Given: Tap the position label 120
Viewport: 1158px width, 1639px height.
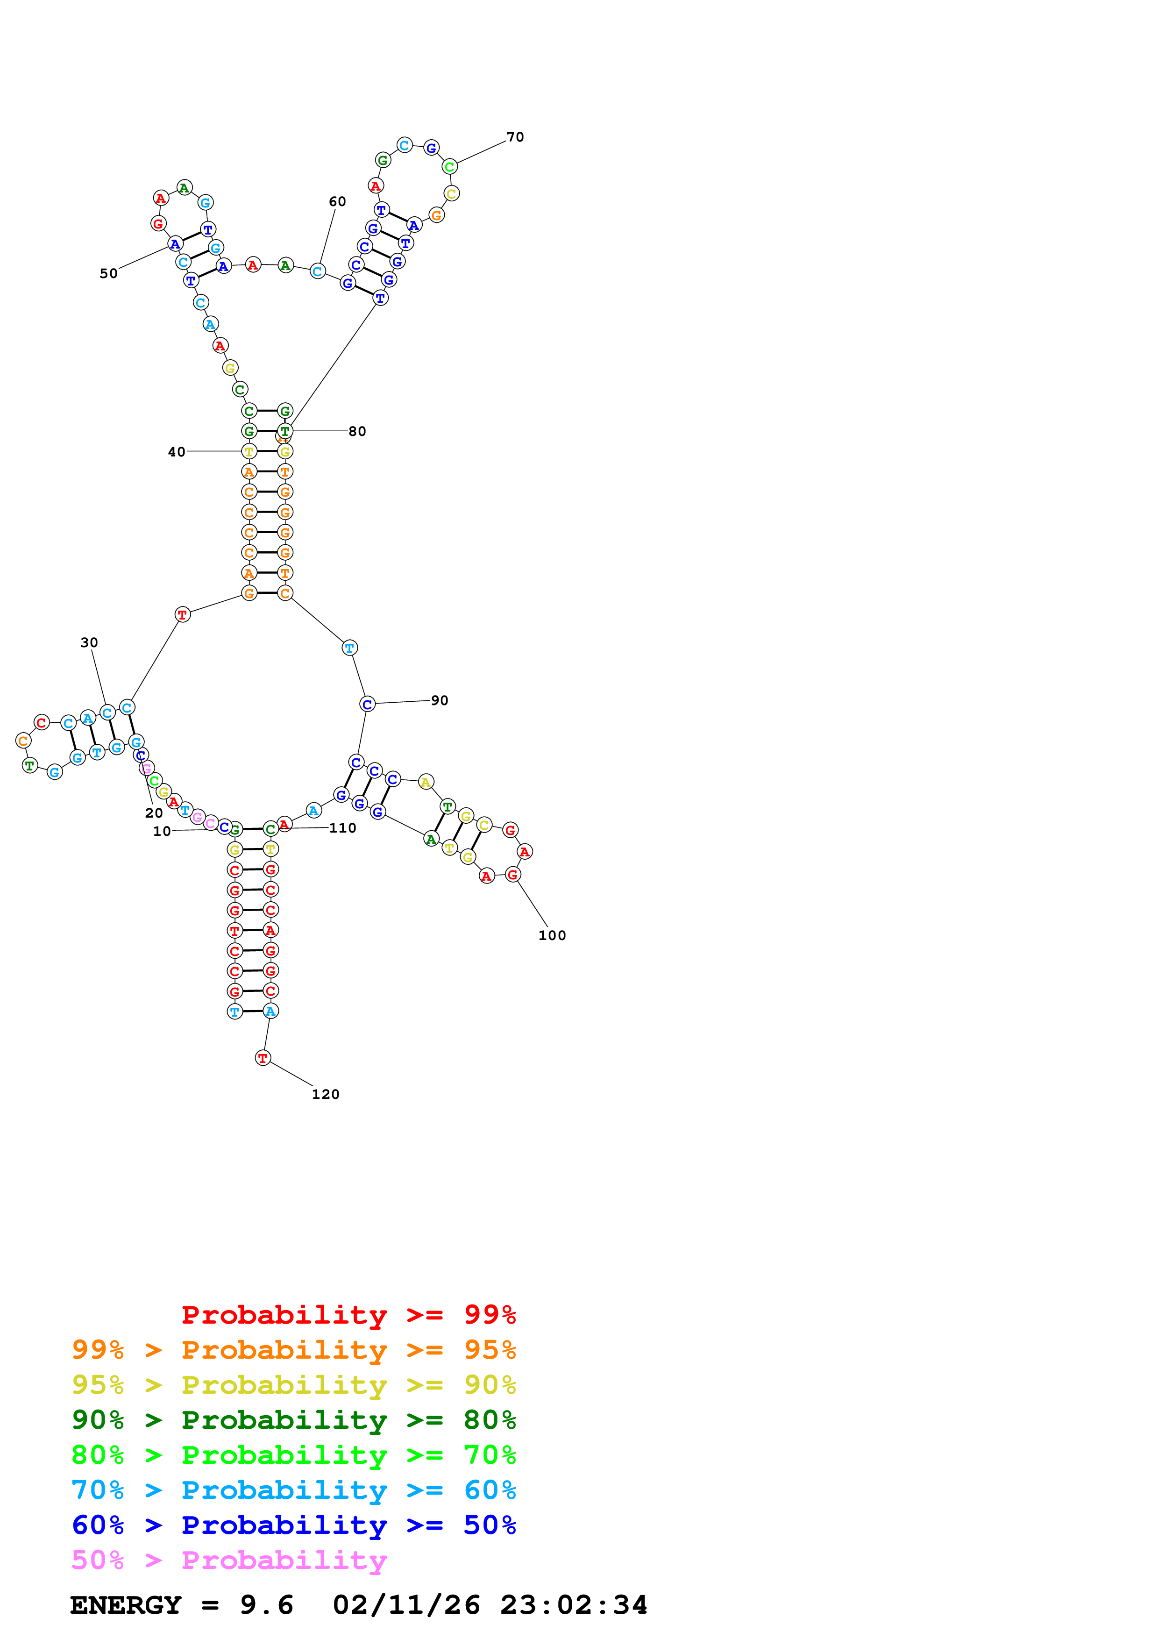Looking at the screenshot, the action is (x=326, y=1094).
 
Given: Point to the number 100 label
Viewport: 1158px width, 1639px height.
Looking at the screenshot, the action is (x=552, y=935).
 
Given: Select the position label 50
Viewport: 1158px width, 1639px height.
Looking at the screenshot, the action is (x=108, y=273).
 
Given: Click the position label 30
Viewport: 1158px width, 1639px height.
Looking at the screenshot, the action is (x=89, y=642).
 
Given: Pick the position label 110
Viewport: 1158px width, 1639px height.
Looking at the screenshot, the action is (x=342, y=828).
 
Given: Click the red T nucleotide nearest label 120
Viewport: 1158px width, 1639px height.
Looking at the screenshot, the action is (x=263, y=1058).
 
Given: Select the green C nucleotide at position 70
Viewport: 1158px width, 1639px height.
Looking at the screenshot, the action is (x=449, y=167).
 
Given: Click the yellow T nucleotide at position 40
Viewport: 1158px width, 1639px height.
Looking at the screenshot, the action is (x=249, y=451).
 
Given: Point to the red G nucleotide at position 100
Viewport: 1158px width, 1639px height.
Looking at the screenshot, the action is (x=512, y=875).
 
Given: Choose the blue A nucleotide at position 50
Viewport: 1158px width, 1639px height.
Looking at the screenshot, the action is (x=175, y=244).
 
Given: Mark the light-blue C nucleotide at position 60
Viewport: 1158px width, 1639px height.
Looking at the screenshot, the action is (x=318, y=271).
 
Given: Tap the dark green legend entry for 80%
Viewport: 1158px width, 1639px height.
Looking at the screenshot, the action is (x=294, y=1420).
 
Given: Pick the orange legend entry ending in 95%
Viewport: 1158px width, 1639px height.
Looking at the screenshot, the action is (x=294, y=1350).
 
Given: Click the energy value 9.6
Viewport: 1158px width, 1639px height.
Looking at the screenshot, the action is (x=266, y=1605).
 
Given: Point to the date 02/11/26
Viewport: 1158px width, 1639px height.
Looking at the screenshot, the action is (x=406, y=1605).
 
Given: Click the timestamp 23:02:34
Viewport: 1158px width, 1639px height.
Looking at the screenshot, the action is (x=574, y=1605).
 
